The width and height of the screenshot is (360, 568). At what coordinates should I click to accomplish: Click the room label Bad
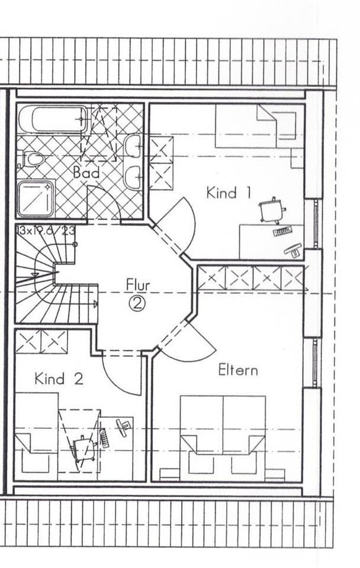click(86, 173)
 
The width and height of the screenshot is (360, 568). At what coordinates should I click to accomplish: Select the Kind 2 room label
click(59, 379)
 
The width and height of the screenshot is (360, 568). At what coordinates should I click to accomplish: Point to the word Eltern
click(238, 370)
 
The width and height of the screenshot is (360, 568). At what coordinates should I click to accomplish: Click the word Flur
click(138, 285)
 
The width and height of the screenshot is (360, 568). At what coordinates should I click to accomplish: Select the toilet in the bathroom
click(31, 159)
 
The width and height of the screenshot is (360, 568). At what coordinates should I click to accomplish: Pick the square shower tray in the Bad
click(36, 198)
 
